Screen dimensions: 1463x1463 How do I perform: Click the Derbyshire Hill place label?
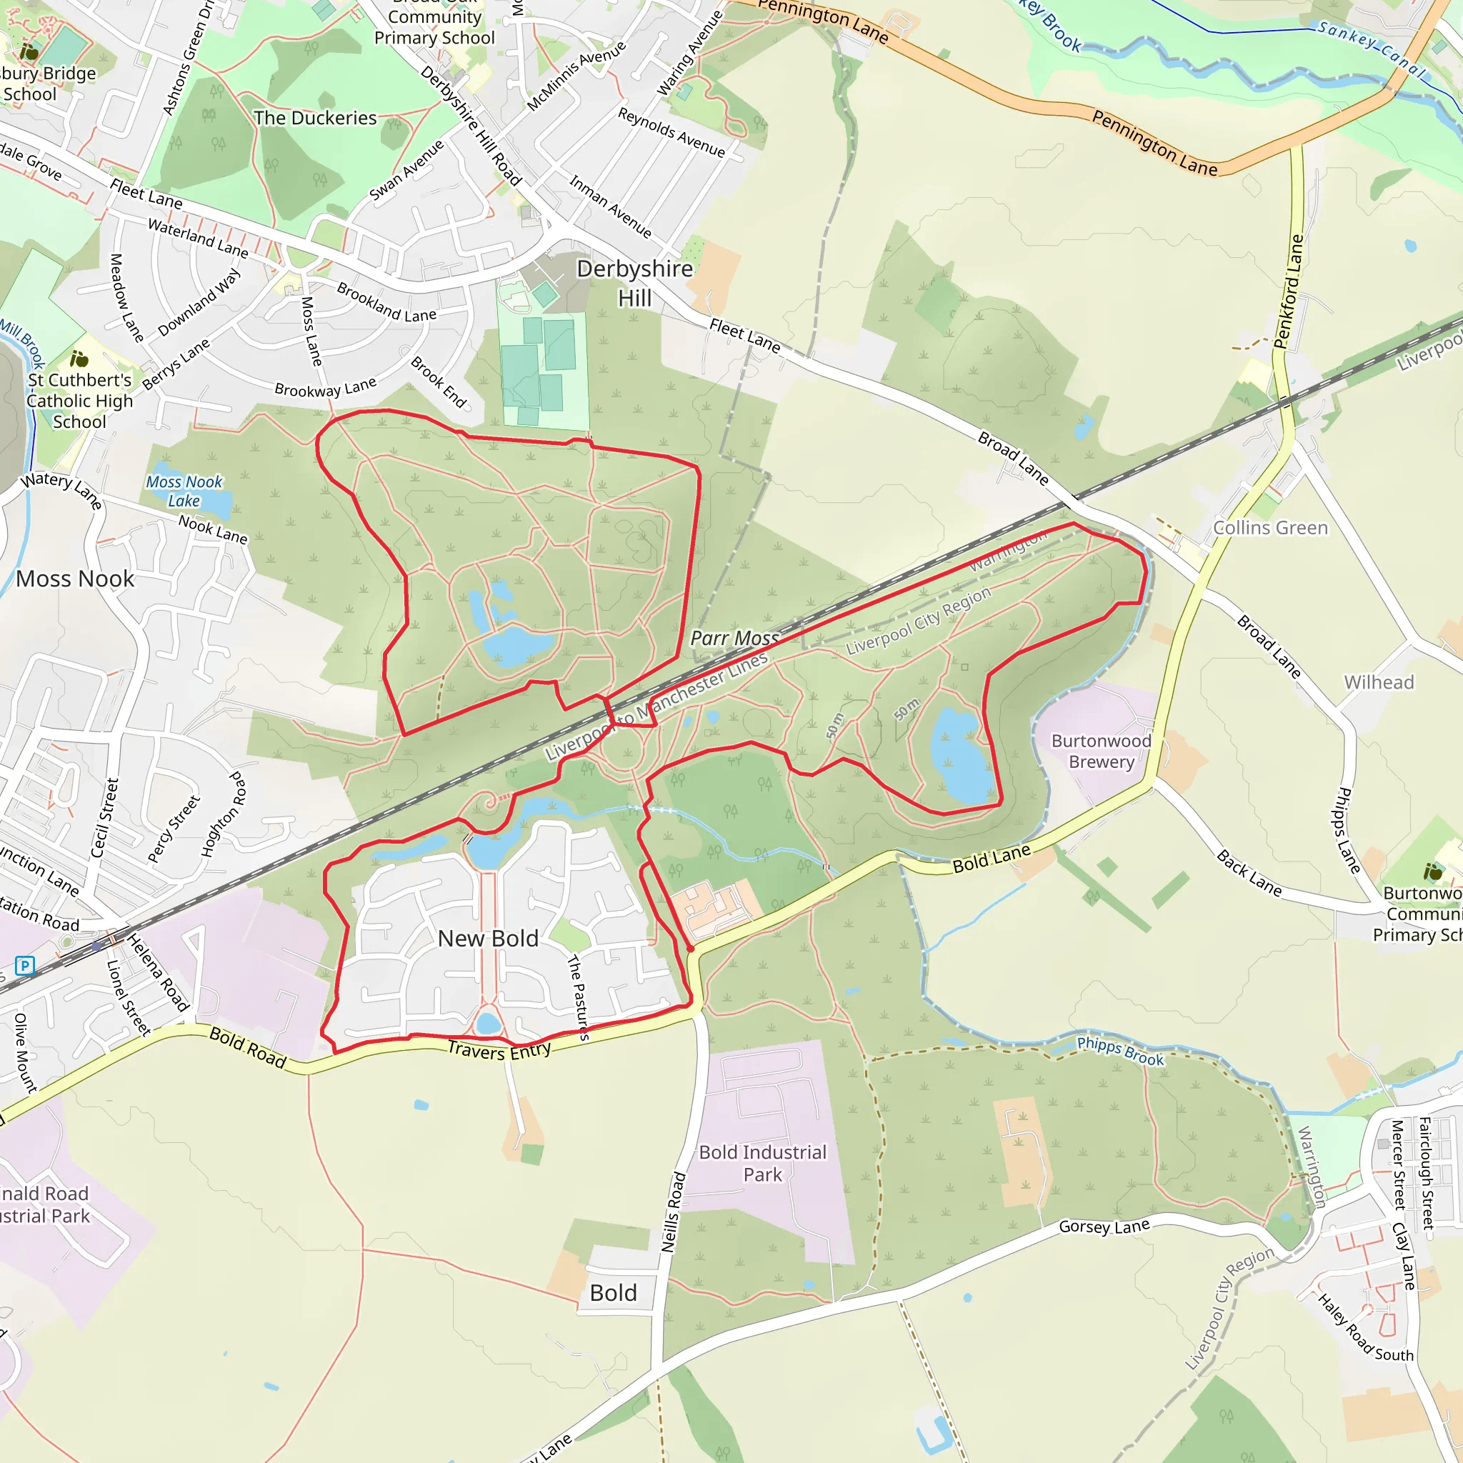coord(634,283)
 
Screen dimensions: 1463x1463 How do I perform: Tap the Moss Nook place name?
coord(75,579)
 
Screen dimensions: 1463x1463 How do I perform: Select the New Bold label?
coord(489,938)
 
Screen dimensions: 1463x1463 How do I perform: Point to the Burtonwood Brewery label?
coord(1101,752)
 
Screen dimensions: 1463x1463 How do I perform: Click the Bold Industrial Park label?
coord(762,1163)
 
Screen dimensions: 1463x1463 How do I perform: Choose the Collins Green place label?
coord(1270,528)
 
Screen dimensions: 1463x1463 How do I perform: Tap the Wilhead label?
coord(1378,682)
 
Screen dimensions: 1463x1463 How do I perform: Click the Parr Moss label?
coord(734,639)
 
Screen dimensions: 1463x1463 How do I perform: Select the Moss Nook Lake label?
coord(184,491)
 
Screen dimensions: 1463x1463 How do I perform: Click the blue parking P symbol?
coord(25,966)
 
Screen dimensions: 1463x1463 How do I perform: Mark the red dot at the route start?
coord(691,949)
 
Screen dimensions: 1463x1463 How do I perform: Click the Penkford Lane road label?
coord(1289,291)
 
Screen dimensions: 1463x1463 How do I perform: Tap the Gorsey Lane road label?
coord(1104,1226)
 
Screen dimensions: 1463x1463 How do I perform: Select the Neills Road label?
coord(673,1212)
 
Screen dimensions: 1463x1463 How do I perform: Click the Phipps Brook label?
coord(1120,1052)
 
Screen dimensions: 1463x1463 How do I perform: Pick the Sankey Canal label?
coord(1372,50)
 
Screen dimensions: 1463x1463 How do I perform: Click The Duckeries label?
coord(315,118)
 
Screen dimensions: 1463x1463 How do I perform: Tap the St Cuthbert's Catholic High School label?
coord(79,401)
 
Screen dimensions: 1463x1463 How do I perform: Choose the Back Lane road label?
coord(1249,873)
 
